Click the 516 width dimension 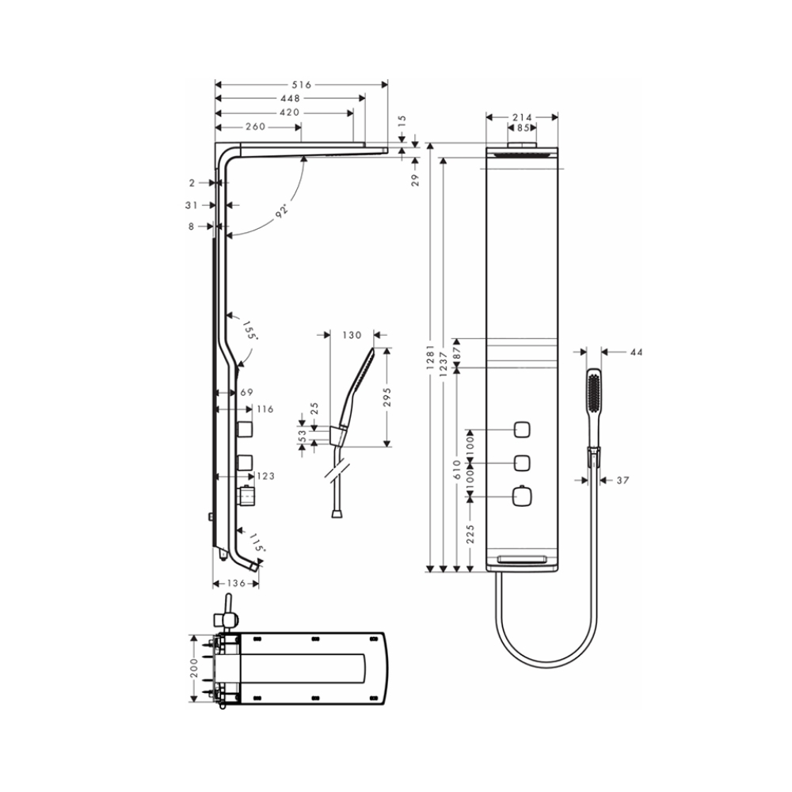coord(301,85)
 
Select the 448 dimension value coord(290,98)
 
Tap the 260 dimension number coord(255,126)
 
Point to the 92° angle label coord(281,211)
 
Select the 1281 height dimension coord(430,358)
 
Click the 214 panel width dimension coord(522,117)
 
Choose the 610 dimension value coord(457,469)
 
